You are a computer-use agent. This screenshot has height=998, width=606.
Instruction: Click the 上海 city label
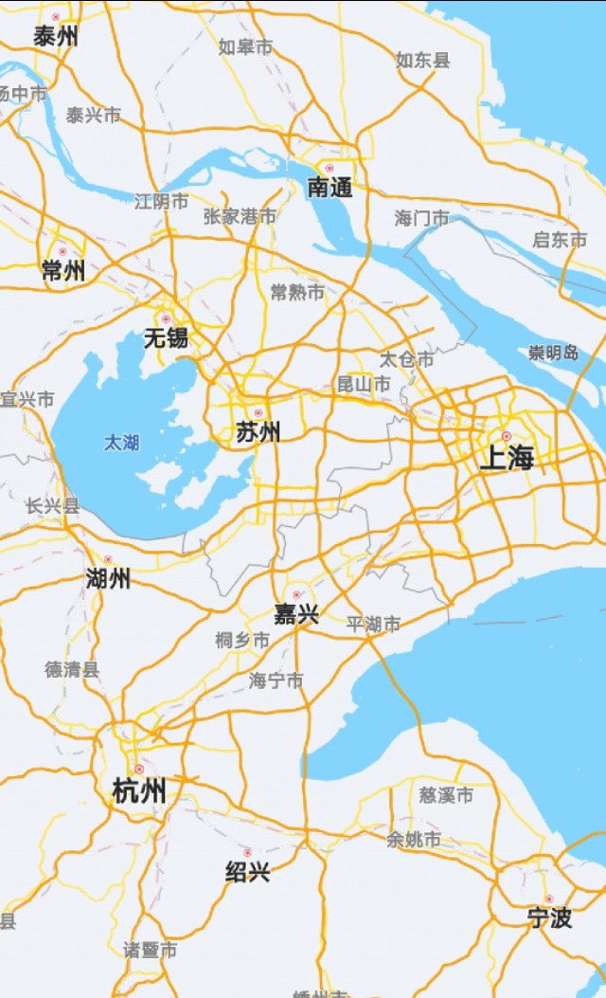coord(507,460)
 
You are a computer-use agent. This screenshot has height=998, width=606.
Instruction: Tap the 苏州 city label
coord(258,433)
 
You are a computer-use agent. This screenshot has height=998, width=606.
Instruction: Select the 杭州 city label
coord(139,790)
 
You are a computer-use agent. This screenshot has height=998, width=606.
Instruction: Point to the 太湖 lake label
coord(121,442)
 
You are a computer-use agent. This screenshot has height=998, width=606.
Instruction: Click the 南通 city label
coord(330,189)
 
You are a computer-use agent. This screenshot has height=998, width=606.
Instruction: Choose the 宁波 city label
coord(549,917)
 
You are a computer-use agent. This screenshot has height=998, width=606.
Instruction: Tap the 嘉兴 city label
coord(296,614)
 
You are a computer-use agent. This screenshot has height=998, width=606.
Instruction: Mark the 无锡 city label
coord(166,338)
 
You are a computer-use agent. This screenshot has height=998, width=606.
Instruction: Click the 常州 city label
coord(63,271)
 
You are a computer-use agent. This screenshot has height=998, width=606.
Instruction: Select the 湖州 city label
coord(108,578)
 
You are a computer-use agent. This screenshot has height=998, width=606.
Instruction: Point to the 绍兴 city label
coord(247,872)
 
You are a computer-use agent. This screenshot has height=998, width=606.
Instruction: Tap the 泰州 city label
coord(56,37)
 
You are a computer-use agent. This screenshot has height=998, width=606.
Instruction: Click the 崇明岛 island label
coord(554,354)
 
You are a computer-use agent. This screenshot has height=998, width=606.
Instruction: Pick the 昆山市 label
coord(364,384)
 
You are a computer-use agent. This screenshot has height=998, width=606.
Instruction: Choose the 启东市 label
coord(560,240)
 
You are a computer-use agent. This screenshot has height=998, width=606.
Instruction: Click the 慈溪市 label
coord(446,795)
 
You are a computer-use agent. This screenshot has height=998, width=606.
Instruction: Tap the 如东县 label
coord(422,60)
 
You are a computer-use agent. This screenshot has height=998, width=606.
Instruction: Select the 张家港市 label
coord(241,216)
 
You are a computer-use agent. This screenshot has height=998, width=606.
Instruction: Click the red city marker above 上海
coord(507,437)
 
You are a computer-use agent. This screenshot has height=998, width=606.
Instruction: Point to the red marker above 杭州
coord(139,769)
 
